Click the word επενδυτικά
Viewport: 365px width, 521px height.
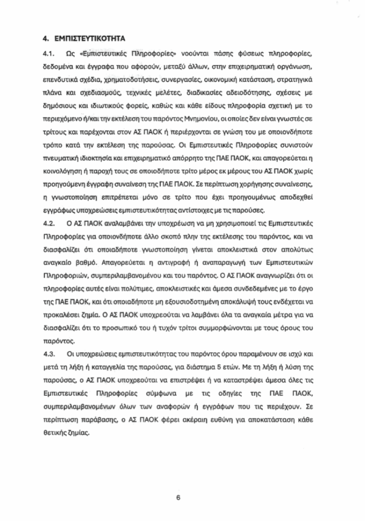click(62, 80)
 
